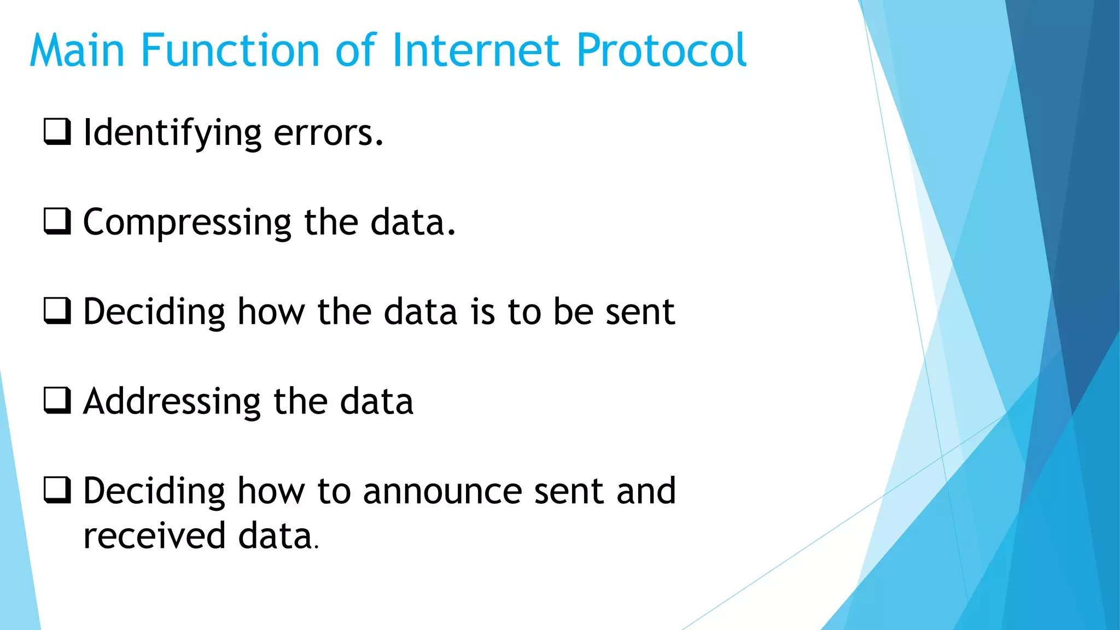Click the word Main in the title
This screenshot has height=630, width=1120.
click(77, 50)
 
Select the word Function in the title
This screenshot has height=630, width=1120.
click(230, 50)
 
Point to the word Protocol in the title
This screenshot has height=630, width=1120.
click(661, 50)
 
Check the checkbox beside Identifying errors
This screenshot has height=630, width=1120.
click(57, 132)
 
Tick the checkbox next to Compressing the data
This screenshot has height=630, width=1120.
click(57, 221)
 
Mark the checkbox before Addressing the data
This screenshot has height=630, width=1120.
click(57, 401)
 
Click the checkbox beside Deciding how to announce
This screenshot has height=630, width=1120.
click(57, 490)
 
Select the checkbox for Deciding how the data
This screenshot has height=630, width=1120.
click(57, 311)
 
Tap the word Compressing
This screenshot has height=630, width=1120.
click(187, 223)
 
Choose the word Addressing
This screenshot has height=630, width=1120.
click(172, 402)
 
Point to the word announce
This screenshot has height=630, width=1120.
click(442, 491)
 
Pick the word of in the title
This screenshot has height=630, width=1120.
click(355, 50)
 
